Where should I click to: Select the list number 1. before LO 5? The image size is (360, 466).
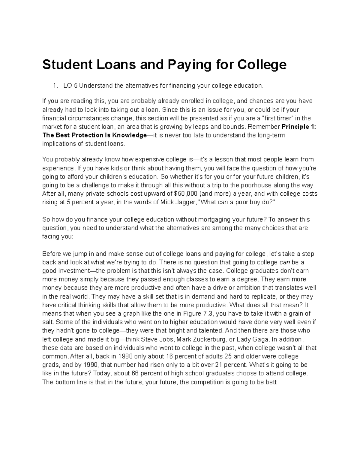point(55,86)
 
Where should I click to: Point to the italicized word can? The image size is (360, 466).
point(285,262)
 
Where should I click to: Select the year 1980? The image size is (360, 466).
point(125,356)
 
